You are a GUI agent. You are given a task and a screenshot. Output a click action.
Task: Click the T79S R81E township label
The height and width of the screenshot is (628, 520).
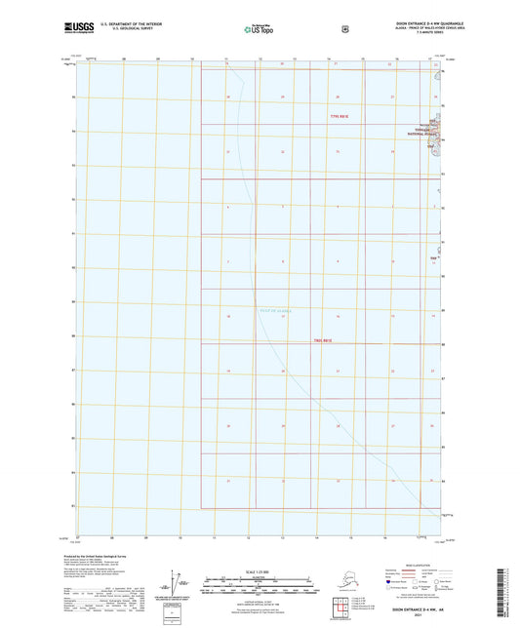[x=338, y=116]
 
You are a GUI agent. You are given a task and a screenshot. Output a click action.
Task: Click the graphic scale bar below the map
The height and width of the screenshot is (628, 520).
[x=260, y=585]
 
